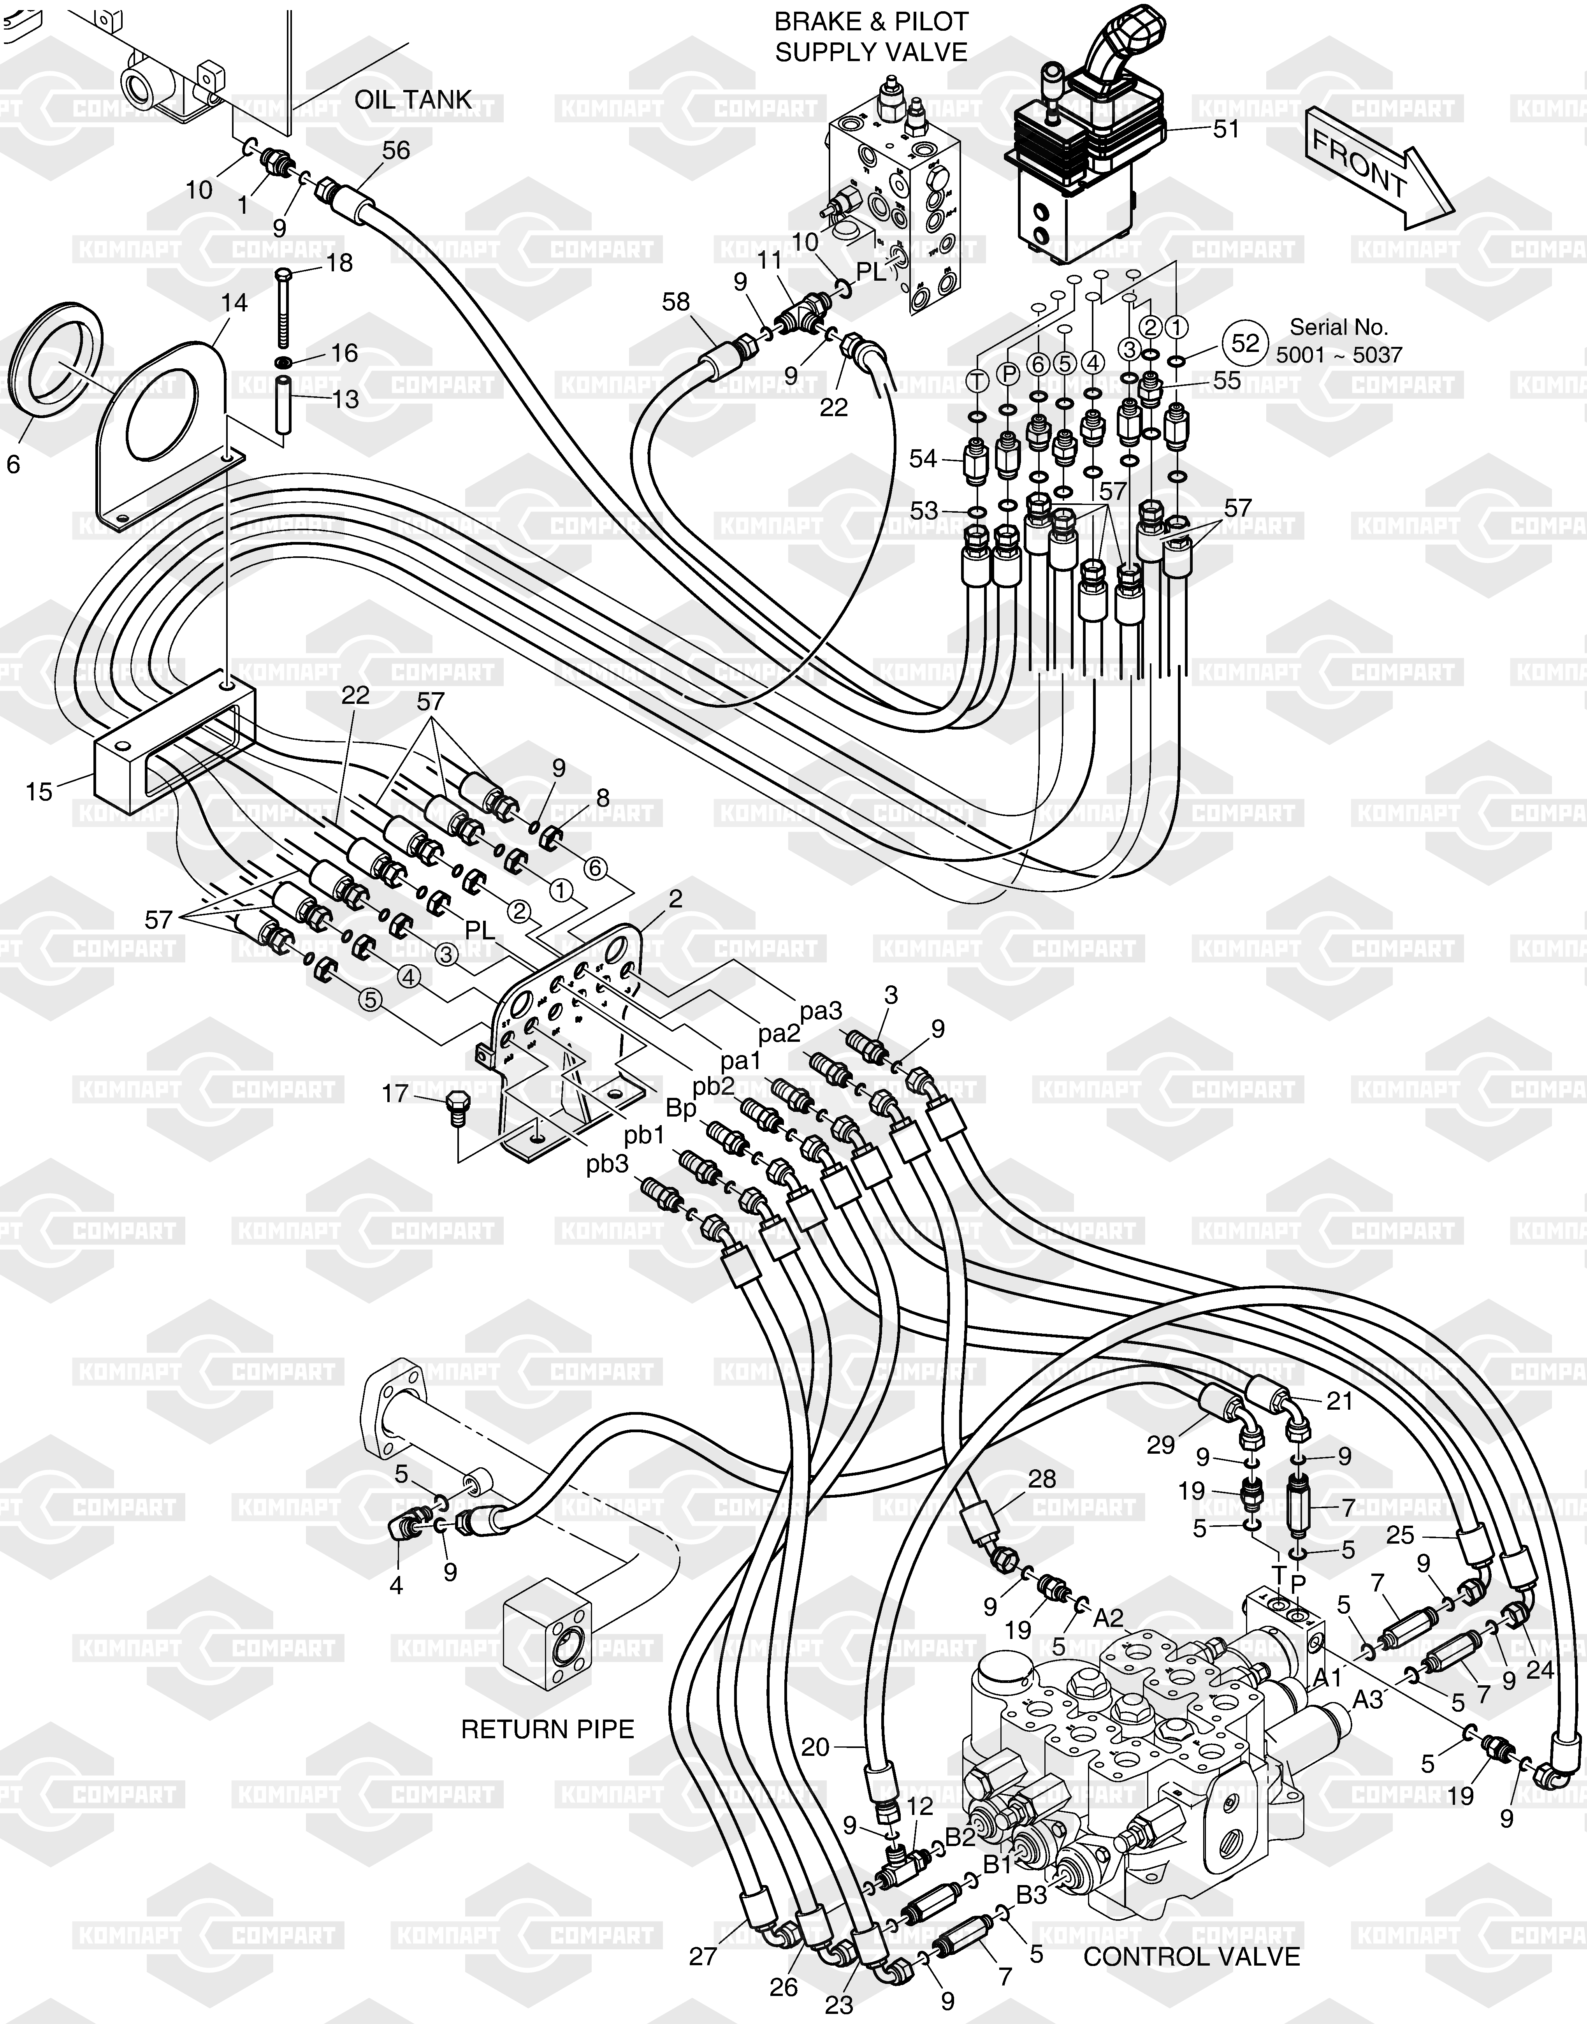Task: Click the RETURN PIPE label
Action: point(548,1729)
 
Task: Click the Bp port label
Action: point(682,1109)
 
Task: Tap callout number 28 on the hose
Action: point(1042,1479)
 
